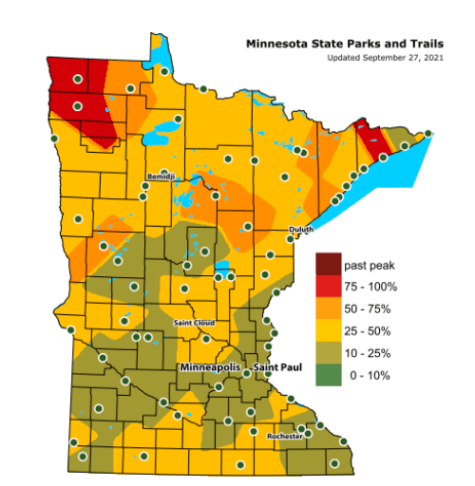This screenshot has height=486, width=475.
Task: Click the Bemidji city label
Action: (x=162, y=178)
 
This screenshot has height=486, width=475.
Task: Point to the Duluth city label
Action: (x=300, y=231)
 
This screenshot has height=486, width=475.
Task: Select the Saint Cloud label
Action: (x=194, y=323)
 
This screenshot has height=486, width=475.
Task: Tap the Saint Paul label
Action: (x=276, y=365)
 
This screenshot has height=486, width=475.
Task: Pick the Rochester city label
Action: (x=285, y=435)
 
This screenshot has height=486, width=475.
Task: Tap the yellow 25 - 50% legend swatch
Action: (x=330, y=331)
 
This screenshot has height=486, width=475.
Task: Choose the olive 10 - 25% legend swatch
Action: (x=330, y=354)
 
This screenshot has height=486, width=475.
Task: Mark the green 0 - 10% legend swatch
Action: (x=330, y=376)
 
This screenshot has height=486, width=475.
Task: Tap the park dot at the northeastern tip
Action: (x=427, y=134)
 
